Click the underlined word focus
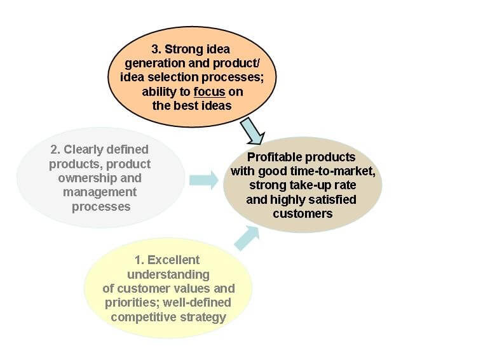tap(210, 91)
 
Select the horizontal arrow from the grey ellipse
tap(204, 180)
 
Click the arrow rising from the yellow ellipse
tap(247, 238)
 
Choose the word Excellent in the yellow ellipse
tap(173, 260)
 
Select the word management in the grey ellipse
tap(100, 192)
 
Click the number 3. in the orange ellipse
tap(156, 50)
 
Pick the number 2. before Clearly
tap(55, 150)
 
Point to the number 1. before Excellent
tap(140, 260)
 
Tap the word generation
tap(155, 63)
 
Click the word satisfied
tap(332, 200)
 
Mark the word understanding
tap(168, 275)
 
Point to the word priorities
tap(132, 303)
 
